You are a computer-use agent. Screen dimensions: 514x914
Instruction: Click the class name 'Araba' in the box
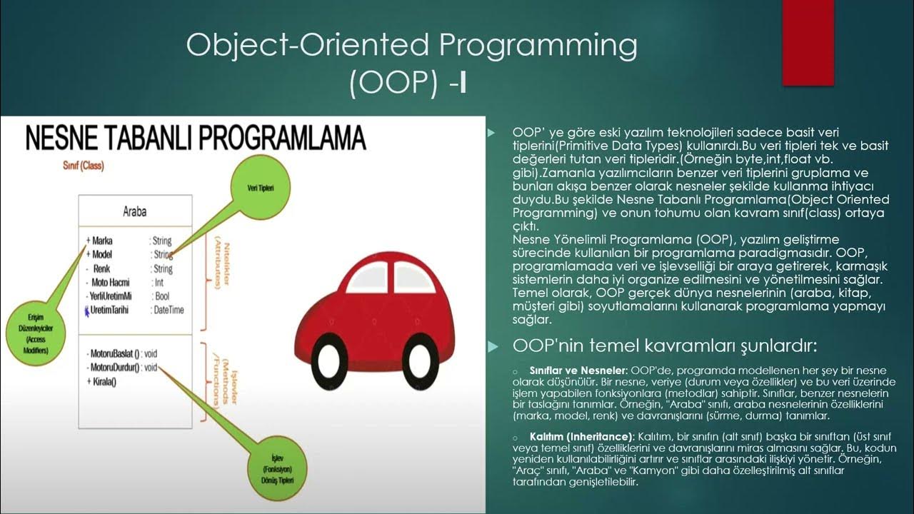point(135,213)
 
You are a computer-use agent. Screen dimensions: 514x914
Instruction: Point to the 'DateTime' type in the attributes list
point(169,310)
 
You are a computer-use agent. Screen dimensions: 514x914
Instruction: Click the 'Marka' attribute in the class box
point(102,241)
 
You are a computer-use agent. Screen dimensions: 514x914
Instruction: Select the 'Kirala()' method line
point(103,381)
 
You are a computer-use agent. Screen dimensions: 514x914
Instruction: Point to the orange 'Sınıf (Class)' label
point(83,166)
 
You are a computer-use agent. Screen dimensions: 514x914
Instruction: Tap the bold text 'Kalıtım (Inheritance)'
point(581,435)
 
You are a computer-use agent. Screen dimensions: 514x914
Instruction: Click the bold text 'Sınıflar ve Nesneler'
point(577,371)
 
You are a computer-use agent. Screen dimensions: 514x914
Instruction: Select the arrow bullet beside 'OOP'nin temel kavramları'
point(491,347)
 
